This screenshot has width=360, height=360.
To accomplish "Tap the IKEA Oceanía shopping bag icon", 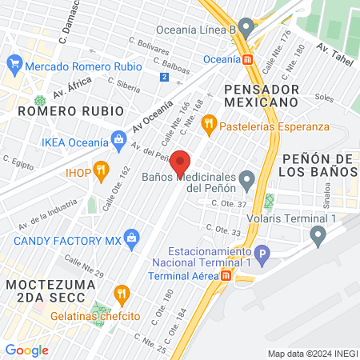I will pos(119,141).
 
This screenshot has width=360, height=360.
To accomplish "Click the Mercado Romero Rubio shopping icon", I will pos(14,62).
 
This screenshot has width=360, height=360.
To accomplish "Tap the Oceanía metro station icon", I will pos(249,58).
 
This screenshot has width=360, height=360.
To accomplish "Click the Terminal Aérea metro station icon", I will pos(226,275).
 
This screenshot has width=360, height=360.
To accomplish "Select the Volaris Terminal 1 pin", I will pos(318,234).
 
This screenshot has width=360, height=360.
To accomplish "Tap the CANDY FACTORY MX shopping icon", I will pos(132,236).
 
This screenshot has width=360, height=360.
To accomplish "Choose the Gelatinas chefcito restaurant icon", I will pos(122,294).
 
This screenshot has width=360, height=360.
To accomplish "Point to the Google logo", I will pos(27,350).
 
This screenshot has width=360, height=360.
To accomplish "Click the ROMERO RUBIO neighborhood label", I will pos(70,110).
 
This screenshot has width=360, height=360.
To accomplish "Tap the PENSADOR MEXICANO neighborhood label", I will pos(262,96).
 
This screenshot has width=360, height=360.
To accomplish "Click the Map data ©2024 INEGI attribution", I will pos(312,354).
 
